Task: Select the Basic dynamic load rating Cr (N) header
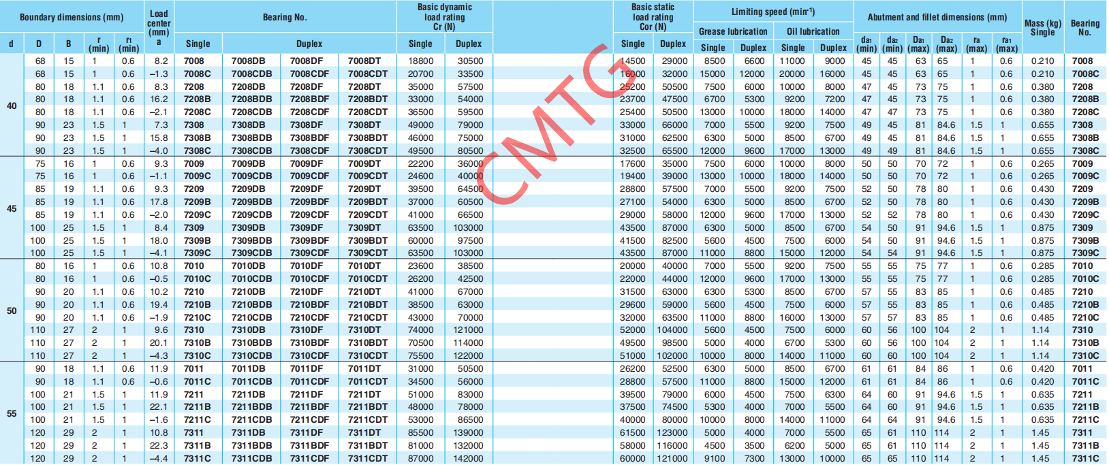pos(444,17)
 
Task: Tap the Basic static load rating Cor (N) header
pos(653,17)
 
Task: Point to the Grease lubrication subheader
pos(733,31)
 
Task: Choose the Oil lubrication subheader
pos(813,31)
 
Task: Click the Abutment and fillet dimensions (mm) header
pos(937,17)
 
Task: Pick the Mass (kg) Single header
pos(1042,27)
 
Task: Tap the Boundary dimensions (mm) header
pos(72,17)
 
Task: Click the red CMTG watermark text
pos(555,123)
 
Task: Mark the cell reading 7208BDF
pos(309,99)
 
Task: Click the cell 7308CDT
pos(368,150)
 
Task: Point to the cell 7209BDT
pos(368,202)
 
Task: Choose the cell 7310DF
pos(307,330)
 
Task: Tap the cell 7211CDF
pos(309,420)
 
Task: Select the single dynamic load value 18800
pos(420,61)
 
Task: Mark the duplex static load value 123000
pos(672,433)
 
